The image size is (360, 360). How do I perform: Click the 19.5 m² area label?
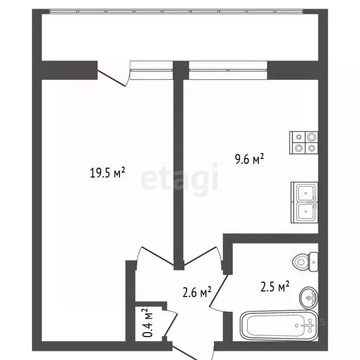107,173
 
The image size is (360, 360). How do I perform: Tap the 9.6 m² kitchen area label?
249,160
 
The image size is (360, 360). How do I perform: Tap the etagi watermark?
180,180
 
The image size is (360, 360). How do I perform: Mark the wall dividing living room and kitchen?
178,164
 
